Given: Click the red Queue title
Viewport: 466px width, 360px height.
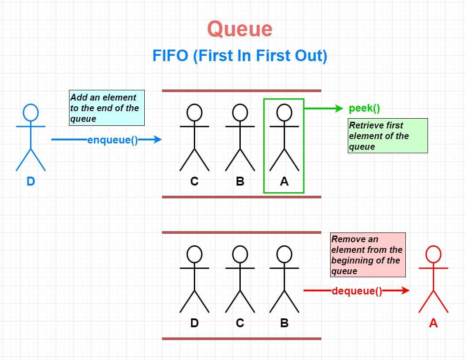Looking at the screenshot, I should tap(239, 29).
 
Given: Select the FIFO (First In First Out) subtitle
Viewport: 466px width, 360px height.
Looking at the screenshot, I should tap(239, 56).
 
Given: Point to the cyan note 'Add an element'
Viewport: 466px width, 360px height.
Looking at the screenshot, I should tap(107, 108).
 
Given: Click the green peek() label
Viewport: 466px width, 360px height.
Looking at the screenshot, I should tap(364, 108).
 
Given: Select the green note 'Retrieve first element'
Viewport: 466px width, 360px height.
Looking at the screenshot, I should tap(388, 135).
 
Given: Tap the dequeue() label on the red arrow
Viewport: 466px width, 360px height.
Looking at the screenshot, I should tap(356, 291).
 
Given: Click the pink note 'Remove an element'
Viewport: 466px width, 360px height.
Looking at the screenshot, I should tap(367, 255).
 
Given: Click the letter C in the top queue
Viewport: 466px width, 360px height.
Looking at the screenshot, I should tap(194, 182).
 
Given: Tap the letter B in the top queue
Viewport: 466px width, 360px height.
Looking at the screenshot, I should tap(240, 182).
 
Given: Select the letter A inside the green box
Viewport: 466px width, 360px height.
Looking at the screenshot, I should tap(284, 182).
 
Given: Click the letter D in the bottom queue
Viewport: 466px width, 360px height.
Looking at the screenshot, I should tap(194, 323).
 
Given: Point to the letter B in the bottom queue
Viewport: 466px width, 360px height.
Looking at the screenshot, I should tap(284, 323).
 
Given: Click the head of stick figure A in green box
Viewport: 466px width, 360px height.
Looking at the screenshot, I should tap(284, 112).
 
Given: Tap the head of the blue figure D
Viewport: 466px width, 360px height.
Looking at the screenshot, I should tap(31, 112).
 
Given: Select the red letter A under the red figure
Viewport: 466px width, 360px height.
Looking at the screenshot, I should tap(433, 323).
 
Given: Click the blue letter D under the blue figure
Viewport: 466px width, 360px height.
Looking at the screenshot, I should tap(31, 182).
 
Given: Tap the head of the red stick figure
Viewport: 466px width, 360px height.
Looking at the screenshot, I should tap(433, 254).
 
